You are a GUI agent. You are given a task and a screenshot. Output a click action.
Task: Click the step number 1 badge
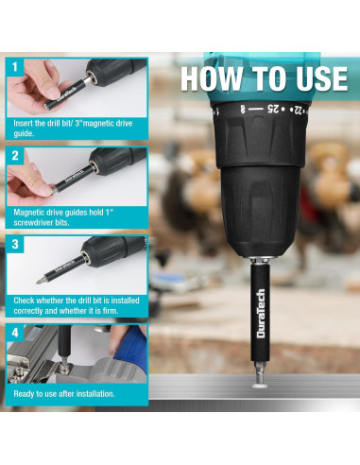[x=15, y=67]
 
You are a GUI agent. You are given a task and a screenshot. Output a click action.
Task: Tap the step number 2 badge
[x=15, y=156]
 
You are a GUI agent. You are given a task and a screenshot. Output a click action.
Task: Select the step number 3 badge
[x=15, y=244]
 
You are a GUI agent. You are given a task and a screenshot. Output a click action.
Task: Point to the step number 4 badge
[x=15, y=333]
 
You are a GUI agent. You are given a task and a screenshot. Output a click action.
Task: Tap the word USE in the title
[x=321, y=78]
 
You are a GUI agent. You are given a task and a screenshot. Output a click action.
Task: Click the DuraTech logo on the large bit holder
[x=261, y=314]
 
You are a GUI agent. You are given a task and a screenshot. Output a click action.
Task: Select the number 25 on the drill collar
[x=273, y=109]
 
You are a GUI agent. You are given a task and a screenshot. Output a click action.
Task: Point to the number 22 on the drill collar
[x=298, y=110]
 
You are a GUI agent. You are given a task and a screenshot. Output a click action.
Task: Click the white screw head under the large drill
[x=261, y=384]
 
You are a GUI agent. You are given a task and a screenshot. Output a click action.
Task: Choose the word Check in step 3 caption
[x=24, y=301]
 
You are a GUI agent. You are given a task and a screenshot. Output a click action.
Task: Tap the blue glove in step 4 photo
[x=131, y=347]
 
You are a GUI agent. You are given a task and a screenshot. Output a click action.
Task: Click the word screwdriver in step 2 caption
[x=33, y=223]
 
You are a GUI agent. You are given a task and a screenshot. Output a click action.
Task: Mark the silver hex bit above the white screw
[x=261, y=370]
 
